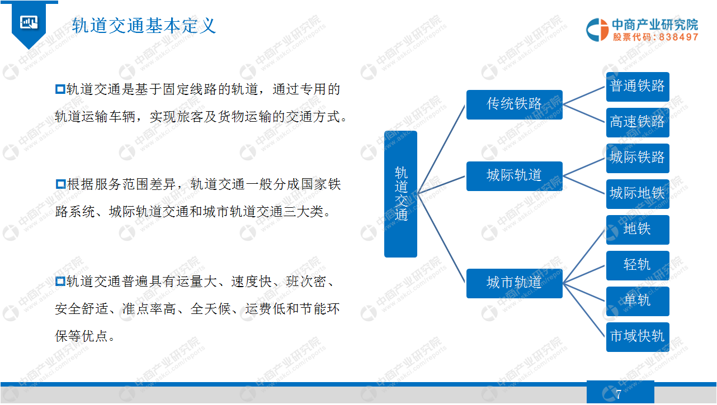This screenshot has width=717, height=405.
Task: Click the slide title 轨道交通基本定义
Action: pos(144,26)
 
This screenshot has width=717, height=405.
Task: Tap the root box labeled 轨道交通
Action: pos(400,194)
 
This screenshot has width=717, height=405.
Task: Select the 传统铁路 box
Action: pos(514,104)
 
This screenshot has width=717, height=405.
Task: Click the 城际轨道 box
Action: pos(514,176)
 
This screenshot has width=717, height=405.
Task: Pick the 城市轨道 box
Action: pos(514,283)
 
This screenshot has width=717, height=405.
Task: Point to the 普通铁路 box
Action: pos(638,87)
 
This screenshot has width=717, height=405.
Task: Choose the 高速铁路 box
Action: pos(638,122)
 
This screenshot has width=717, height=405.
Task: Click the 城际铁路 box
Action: pos(638,158)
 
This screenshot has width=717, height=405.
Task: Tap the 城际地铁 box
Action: pos(638,194)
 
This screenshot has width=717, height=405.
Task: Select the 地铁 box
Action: pos(638,230)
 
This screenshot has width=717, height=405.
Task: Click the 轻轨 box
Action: pos(638,266)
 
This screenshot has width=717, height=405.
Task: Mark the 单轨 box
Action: pos(638,302)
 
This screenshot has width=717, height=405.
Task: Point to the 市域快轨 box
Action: pos(638,337)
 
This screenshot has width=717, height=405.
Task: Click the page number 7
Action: pos(619,394)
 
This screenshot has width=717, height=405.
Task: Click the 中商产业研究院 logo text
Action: pos(655,25)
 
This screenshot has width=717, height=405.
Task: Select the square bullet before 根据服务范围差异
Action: pos(60,184)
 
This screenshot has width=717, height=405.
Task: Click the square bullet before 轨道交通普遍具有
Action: pos(60,282)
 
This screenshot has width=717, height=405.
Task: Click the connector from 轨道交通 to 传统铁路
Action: pos(441,149)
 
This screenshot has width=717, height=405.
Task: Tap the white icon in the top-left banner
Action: pos(29,22)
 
